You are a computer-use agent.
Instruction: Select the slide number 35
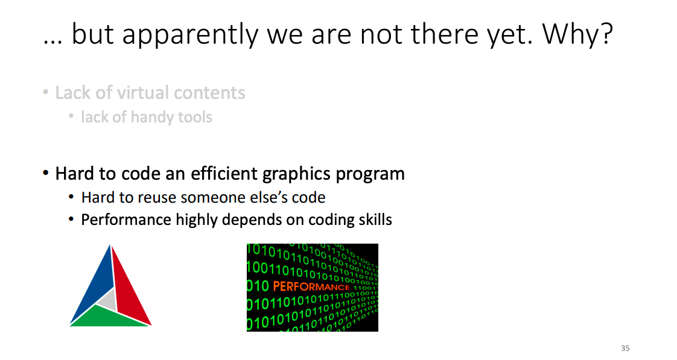[x=625, y=348]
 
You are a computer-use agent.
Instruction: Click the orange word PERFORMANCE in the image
[x=311, y=286]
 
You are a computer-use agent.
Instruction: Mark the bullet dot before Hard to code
[x=46, y=174]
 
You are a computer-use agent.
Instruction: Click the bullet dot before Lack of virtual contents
[x=46, y=92]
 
